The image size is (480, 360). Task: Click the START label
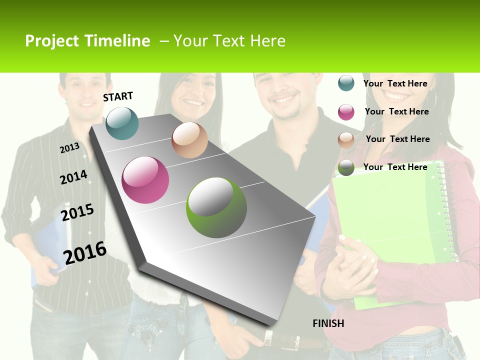pos(118,96)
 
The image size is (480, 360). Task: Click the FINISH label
pos(328,323)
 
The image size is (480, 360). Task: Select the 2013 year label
pos(69,147)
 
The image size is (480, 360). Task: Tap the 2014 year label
pos(73,177)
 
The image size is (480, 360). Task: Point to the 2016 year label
pos(85,253)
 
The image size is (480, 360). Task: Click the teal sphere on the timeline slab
pos(122,123)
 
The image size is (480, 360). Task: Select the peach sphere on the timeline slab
pos(189,140)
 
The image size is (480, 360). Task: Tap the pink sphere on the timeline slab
pos(145,180)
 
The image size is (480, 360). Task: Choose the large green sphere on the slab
pos(216,207)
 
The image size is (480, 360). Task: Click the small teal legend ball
pos(346,83)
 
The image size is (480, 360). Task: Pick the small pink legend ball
pos(346,112)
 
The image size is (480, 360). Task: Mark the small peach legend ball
pos(346,140)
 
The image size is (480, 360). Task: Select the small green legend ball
pos(346,168)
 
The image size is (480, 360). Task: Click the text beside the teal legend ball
pos(395,83)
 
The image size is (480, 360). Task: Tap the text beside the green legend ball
pos(395,167)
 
